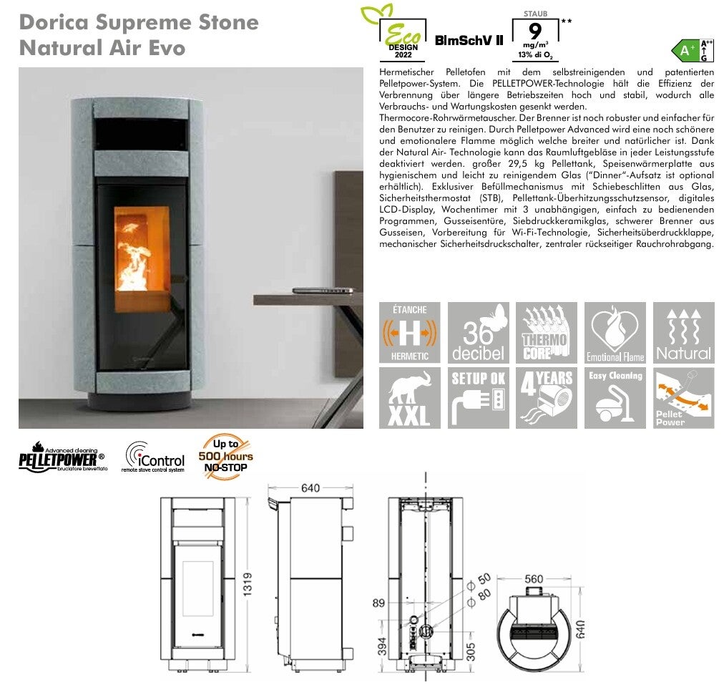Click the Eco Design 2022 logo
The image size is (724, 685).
[x=393, y=34]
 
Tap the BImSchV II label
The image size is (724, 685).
[x=469, y=41]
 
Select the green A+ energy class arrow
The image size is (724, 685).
[x=685, y=50]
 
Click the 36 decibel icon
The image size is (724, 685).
[x=479, y=333]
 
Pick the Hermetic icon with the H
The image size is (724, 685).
[x=409, y=333]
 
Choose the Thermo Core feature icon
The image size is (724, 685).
[x=547, y=333]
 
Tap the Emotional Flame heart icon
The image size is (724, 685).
[x=615, y=333]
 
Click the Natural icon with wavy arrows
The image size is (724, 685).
[x=683, y=333]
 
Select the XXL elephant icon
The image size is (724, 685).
[x=409, y=398]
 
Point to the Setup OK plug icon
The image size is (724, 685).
[x=479, y=398]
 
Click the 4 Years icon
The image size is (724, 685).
[x=547, y=398]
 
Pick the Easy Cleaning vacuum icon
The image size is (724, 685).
[x=615, y=398]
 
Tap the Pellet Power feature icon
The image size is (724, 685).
[x=683, y=398]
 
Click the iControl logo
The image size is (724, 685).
[x=155, y=457]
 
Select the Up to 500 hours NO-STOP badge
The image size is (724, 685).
[x=226, y=457]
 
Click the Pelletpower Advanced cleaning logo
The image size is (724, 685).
[x=63, y=457]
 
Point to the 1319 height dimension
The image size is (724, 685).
[x=248, y=584]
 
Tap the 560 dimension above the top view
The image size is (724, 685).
[x=534, y=579]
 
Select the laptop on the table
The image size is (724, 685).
[x=323, y=291]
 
